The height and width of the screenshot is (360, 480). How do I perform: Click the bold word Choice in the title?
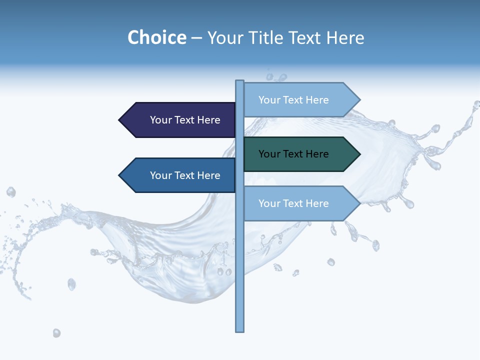click(x=156, y=38)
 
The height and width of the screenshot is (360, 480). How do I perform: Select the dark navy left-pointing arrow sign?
click(x=180, y=120)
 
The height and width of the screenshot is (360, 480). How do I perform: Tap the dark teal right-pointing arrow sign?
click(x=300, y=154)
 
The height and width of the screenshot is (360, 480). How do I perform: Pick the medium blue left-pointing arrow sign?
click(x=180, y=175)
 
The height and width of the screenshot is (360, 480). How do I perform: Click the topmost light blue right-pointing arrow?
click(x=300, y=100)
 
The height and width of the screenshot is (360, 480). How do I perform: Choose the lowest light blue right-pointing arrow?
click(x=300, y=203)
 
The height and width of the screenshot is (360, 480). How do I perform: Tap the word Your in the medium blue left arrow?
click(x=160, y=175)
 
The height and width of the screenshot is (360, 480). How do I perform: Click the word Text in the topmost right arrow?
click(x=293, y=100)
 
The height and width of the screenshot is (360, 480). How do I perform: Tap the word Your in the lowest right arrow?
click(x=269, y=203)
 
